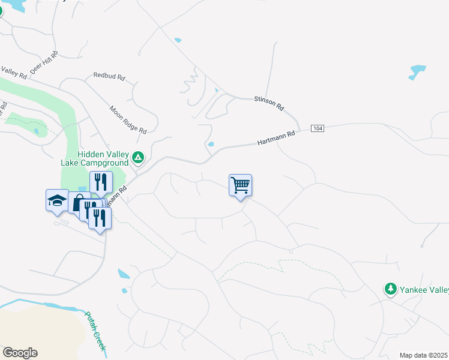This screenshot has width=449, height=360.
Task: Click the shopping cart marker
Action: pyautogui.click(x=240, y=185)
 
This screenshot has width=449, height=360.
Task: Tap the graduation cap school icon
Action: pyautogui.click(x=57, y=200)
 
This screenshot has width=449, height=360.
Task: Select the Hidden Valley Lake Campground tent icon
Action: pyautogui.click(x=138, y=158)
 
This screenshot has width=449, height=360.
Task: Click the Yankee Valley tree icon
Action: pyautogui.click(x=391, y=289)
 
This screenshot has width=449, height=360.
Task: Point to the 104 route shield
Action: pyautogui.click(x=318, y=129)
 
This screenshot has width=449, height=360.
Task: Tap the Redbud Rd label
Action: pyautogui.click(x=109, y=77)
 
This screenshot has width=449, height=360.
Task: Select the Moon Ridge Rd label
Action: pyautogui.click(x=128, y=119)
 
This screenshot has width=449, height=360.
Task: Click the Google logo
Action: pyautogui.click(x=20, y=353)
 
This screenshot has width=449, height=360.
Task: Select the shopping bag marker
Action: pyautogui.click(x=79, y=203)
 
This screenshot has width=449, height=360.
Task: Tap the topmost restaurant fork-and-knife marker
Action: pyautogui.click(x=101, y=182)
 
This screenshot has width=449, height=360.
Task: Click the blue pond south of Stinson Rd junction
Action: pyautogui.click(x=211, y=144)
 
